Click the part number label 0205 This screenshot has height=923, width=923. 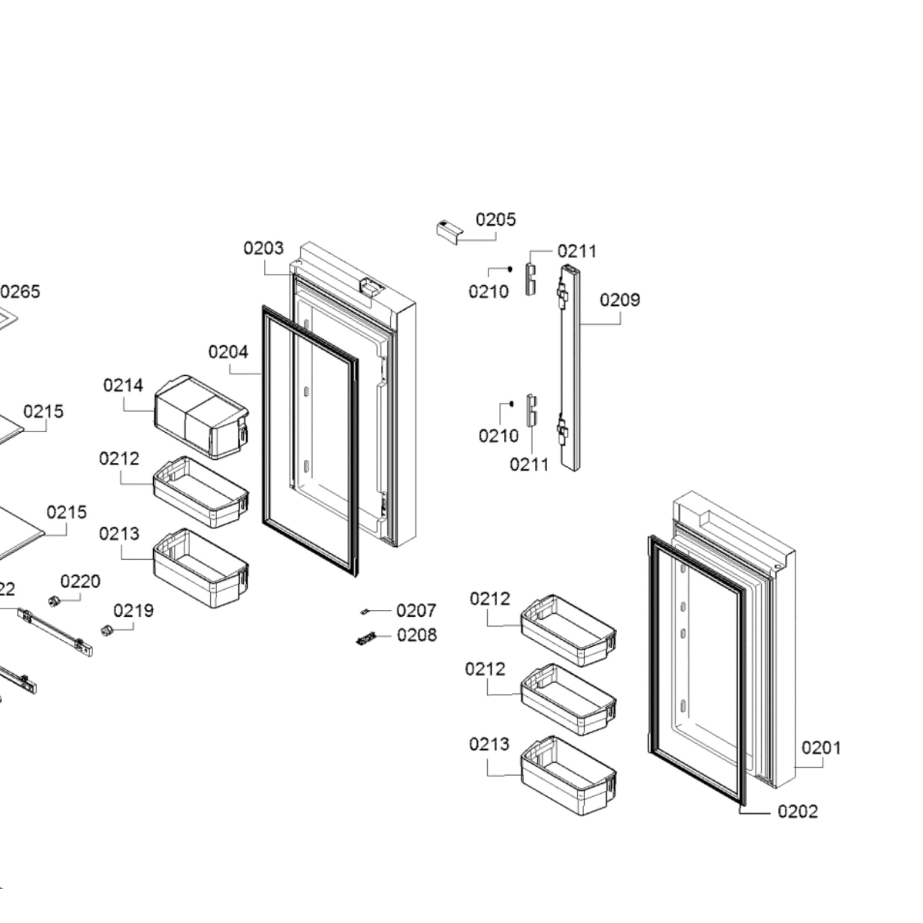[495, 220]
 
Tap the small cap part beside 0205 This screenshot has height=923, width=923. [449, 231]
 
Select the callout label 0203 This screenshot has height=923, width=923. [263, 248]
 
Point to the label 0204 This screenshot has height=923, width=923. [228, 352]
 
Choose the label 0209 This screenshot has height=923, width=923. [620, 300]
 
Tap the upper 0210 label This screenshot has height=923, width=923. [488, 291]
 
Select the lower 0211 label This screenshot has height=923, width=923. [529, 464]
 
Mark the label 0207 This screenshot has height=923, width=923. [416, 611]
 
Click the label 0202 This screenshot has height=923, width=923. [797, 811]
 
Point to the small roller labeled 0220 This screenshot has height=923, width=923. [54, 601]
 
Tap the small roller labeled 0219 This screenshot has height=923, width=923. [107, 630]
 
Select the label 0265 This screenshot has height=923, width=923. [21, 291]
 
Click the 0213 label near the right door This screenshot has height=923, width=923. [489, 743]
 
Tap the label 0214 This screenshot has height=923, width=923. [123, 385]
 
